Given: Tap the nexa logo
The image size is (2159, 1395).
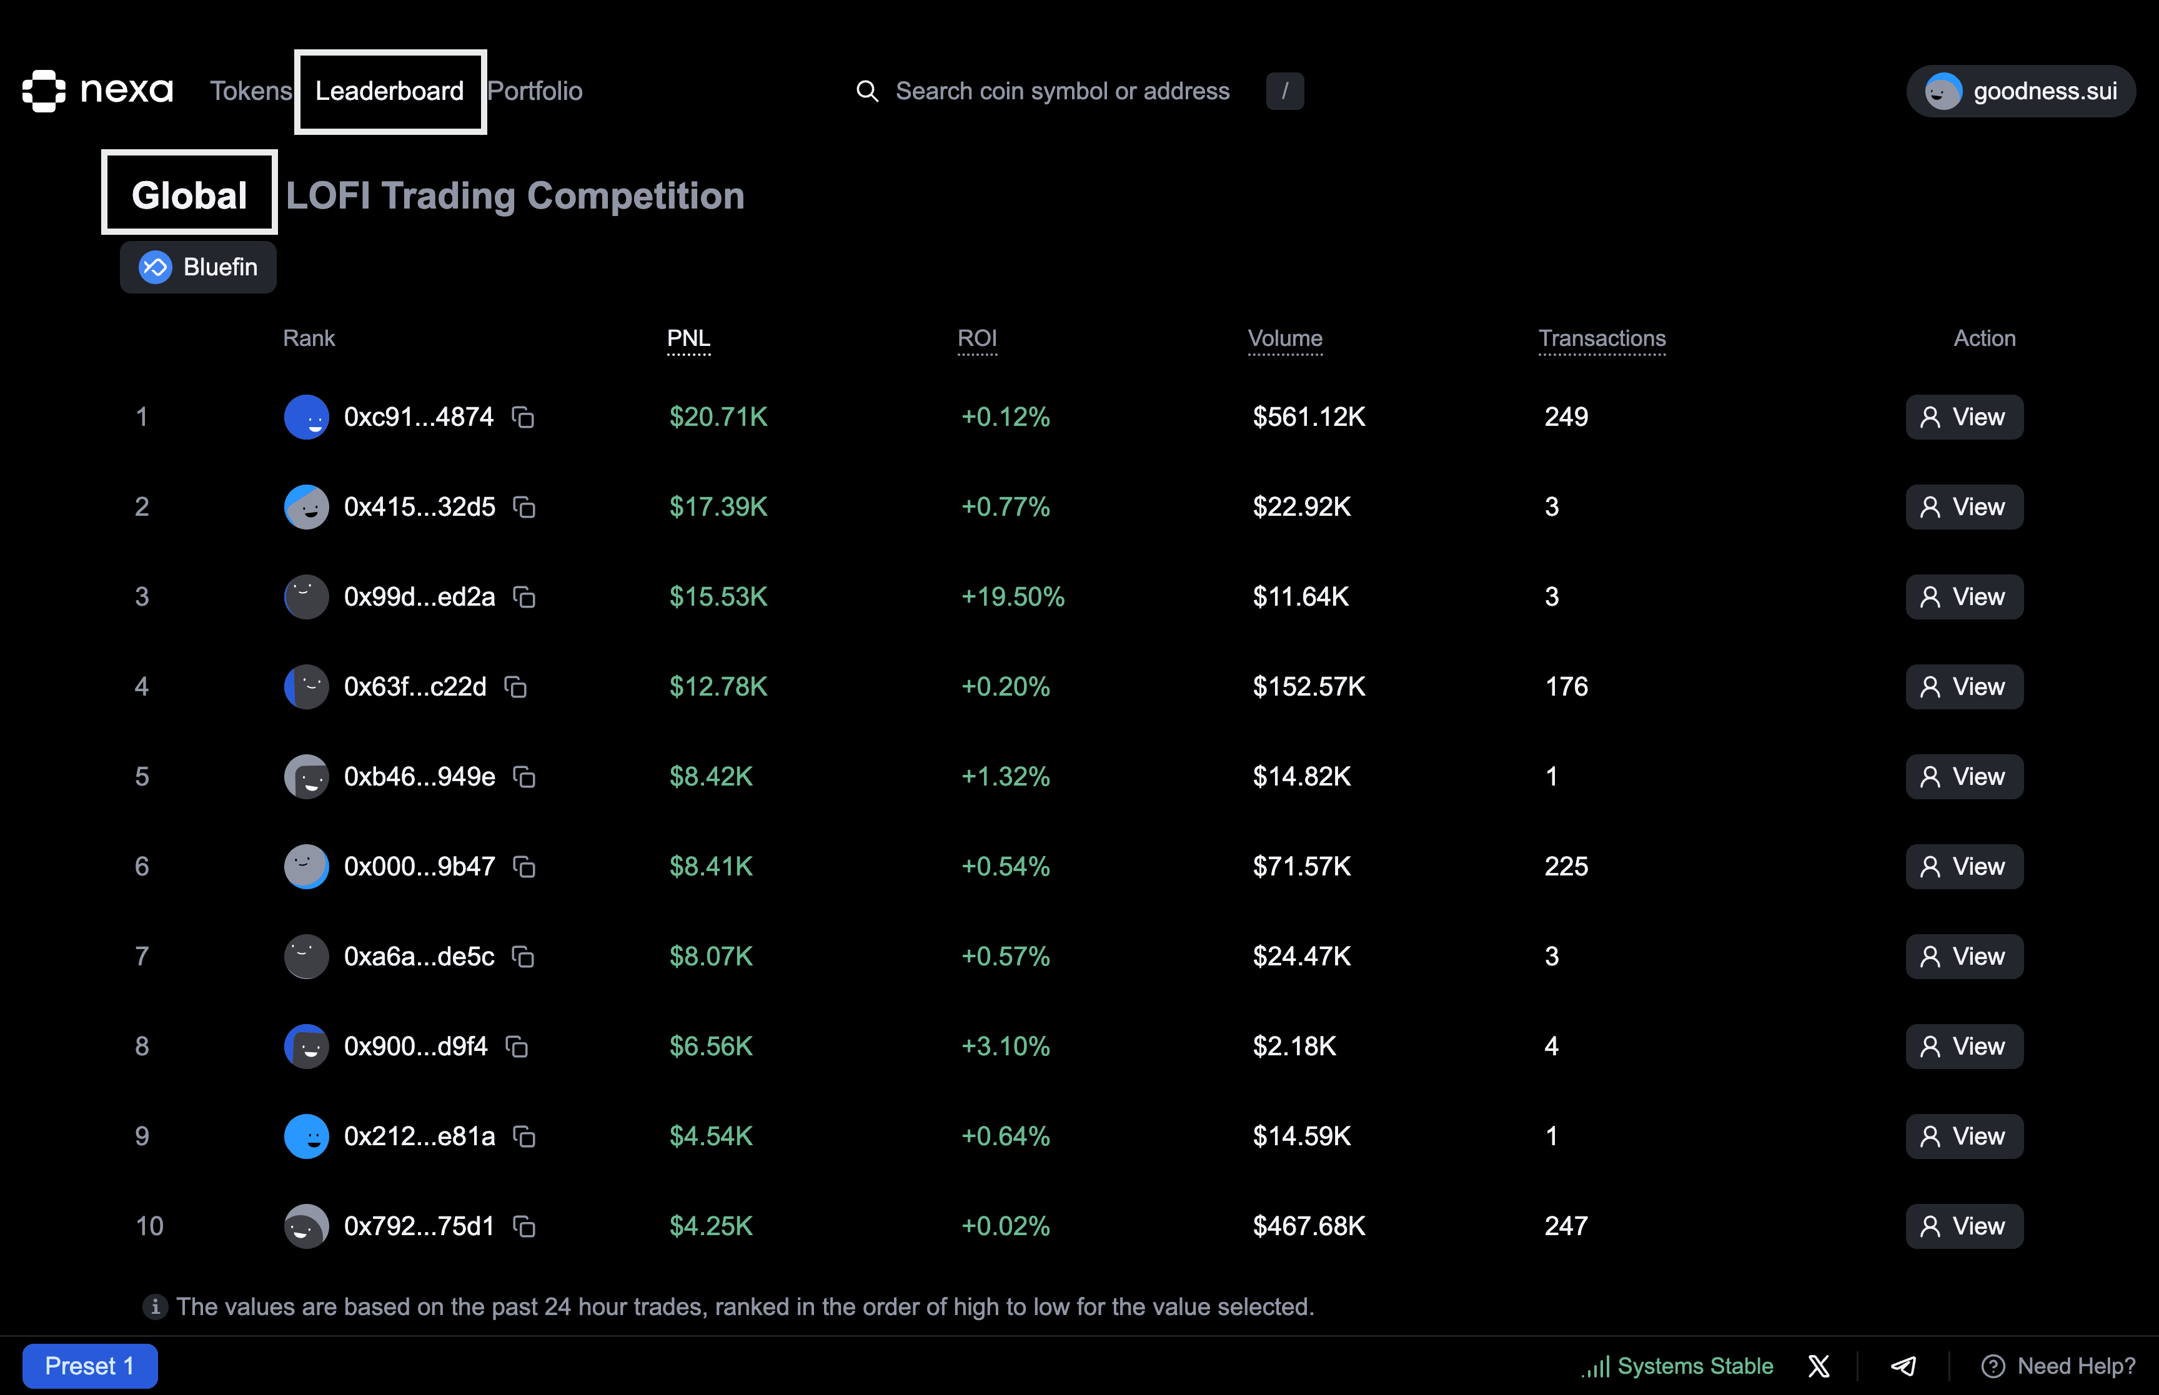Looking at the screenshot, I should [x=98, y=91].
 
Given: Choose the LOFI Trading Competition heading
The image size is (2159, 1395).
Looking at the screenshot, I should [x=515, y=195].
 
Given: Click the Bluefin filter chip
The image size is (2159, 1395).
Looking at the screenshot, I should [x=199, y=267].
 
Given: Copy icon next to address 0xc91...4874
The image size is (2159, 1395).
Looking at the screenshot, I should [x=523, y=418].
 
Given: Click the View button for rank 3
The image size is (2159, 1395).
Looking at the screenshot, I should [x=1963, y=597].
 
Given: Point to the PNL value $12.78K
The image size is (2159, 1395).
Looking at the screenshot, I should [x=718, y=687].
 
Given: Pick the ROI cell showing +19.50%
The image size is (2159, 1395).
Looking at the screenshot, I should [x=1012, y=597].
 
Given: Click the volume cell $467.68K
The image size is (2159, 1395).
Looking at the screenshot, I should [x=1308, y=1226].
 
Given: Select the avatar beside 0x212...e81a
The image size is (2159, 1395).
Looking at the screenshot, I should [x=306, y=1137].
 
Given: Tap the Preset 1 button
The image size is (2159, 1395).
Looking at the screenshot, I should [x=90, y=1366].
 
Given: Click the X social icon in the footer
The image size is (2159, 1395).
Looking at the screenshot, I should [x=1819, y=1366].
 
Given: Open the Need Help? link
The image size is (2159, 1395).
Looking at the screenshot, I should [x=2058, y=1366].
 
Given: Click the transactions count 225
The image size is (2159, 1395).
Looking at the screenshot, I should [x=1566, y=867].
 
